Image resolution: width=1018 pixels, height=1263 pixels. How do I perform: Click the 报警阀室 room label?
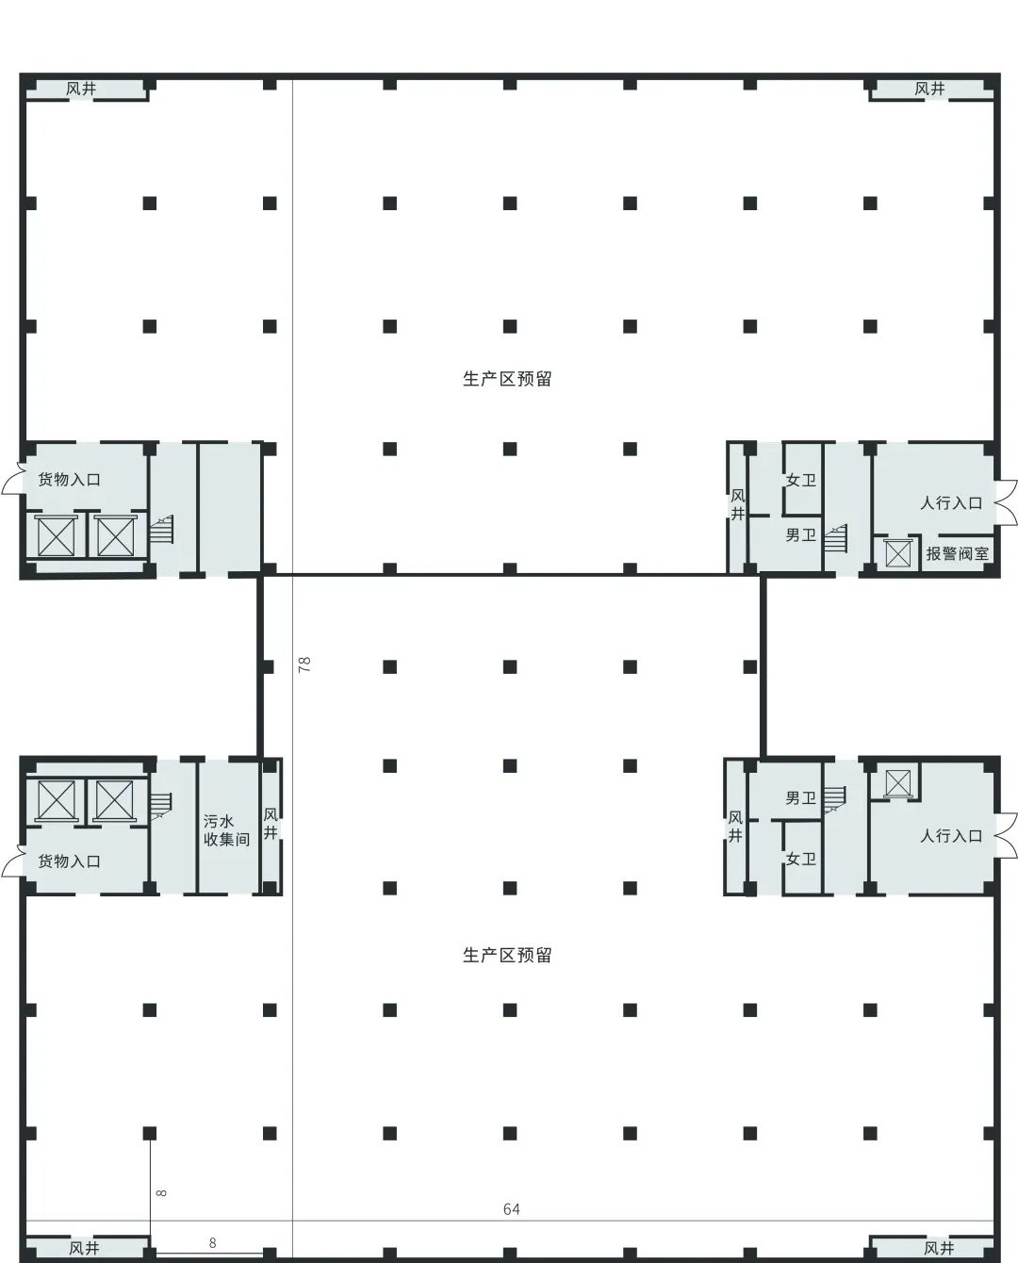pyautogui.click(x=957, y=553)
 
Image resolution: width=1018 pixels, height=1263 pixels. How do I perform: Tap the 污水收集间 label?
pyautogui.click(x=226, y=830)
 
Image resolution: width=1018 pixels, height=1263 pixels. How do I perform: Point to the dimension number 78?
pyautogui.click(x=304, y=664)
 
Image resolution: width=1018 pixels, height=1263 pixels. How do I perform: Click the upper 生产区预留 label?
pyautogui.click(x=507, y=379)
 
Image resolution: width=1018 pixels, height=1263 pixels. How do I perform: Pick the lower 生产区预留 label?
pyautogui.click(x=507, y=955)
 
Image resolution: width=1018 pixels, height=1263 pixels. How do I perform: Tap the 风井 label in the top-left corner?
pyautogui.click(x=81, y=89)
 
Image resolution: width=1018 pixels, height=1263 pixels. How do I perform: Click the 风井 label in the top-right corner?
pyautogui.click(x=930, y=89)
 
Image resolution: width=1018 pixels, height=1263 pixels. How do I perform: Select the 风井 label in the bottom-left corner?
pyautogui.click(x=84, y=1248)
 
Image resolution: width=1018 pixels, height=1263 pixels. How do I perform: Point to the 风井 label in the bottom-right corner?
pyautogui.click(x=939, y=1248)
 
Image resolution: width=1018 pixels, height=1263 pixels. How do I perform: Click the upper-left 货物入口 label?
pyautogui.click(x=69, y=480)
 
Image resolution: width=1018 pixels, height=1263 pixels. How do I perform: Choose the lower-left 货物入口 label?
pyautogui.click(x=69, y=861)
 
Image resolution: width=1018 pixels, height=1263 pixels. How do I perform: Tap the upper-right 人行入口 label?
pyautogui.click(x=951, y=503)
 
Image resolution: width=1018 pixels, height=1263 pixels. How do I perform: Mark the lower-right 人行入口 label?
pyautogui.click(x=951, y=836)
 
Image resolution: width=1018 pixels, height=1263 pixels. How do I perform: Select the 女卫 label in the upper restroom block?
pyautogui.click(x=801, y=480)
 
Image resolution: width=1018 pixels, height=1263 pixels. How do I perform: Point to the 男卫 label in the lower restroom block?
pyautogui.click(x=801, y=797)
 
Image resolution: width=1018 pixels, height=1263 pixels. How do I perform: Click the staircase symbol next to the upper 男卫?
pyautogui.click(x=835, y=538)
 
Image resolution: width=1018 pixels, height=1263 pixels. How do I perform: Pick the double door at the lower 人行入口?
pyautogui.click(x=1007, y=835)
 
